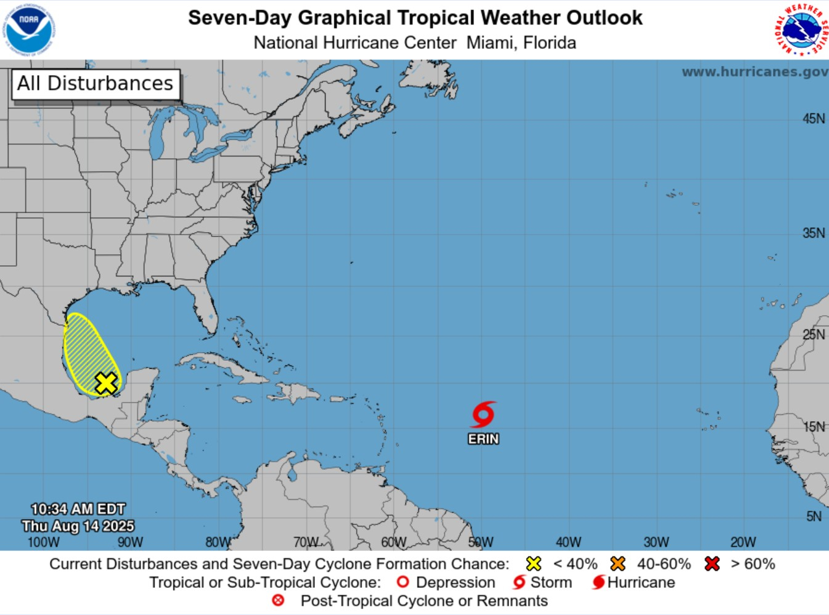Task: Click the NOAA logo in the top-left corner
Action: [29, 29]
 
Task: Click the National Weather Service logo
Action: [801, 29]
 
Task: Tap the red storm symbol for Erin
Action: [483, 415]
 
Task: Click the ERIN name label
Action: [483, 439]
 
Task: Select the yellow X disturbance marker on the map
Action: [106, 383]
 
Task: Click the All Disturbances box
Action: [96, 84]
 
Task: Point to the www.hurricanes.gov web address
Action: [754, 72]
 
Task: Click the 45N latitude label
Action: [813, 119]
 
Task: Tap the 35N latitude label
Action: [813, 233]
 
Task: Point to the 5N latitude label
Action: [814, 517]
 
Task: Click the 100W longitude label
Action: [44, 542]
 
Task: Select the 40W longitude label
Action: [568, 542]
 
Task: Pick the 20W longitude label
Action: [743, 542]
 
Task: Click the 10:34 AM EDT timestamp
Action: [78, 509]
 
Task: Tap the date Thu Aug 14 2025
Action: [78, 526]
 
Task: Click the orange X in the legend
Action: [618, 564]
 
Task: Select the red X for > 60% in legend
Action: [712, 564]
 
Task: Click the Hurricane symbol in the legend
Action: [598, 582]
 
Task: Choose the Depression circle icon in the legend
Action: [403, 582]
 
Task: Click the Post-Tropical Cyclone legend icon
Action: [279, 600]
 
